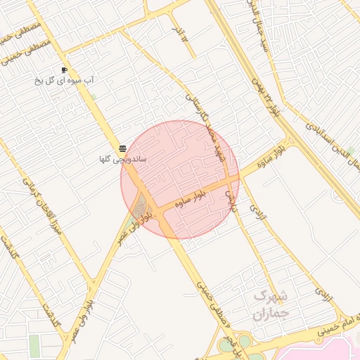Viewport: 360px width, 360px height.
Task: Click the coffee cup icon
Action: coord(64,70)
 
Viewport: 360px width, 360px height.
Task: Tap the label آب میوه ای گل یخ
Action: coord(65,81)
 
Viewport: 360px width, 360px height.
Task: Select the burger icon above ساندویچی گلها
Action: coord(123,148)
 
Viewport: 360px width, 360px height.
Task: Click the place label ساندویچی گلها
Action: coord(123,160)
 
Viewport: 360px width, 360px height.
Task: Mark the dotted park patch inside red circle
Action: coord(141,207)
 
